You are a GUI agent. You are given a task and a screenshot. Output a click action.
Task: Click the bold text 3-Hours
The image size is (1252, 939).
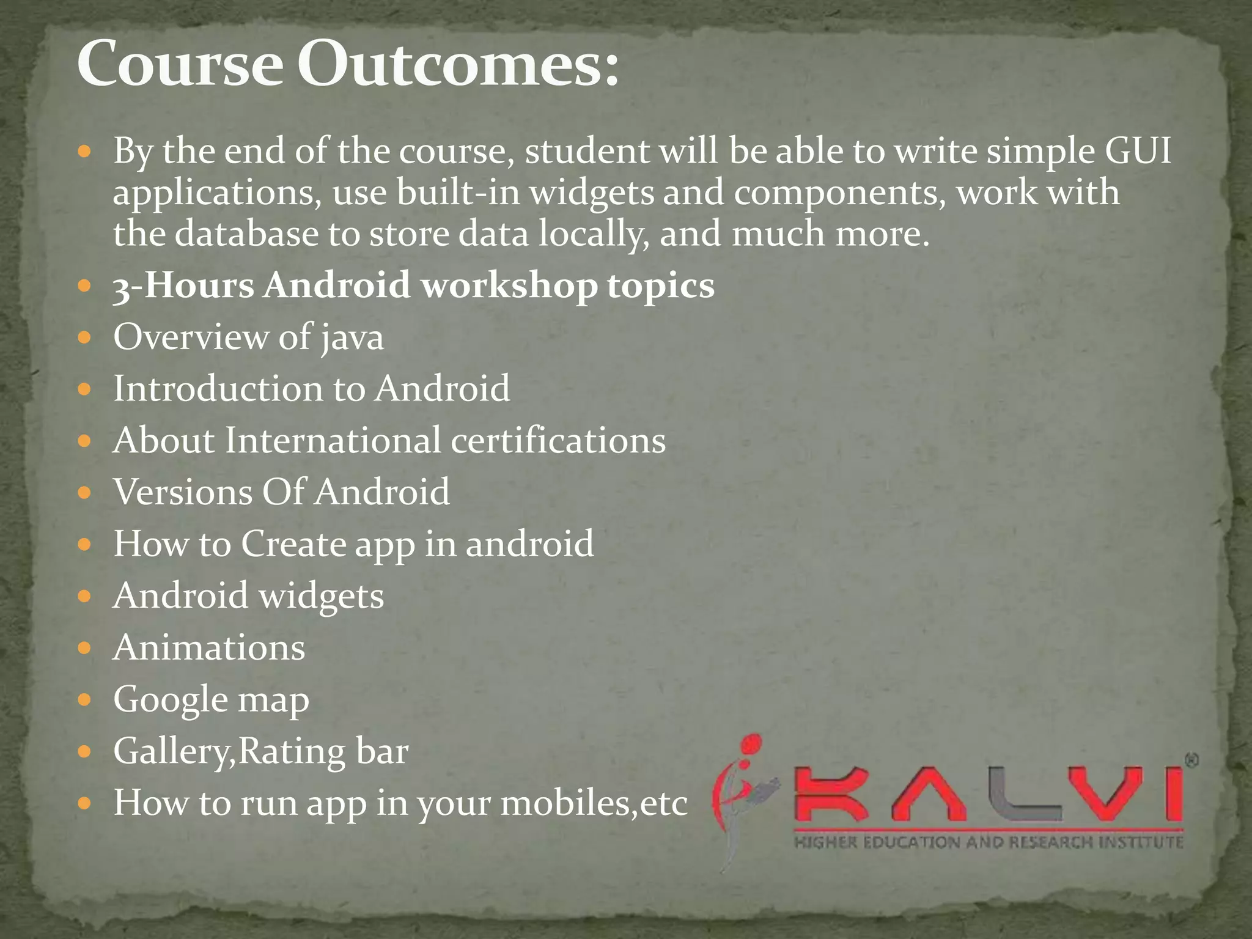click(183, 286)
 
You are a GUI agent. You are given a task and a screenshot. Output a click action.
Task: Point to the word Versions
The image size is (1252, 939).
click(182, 492)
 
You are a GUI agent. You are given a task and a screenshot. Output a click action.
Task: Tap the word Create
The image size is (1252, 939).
click(293, 544)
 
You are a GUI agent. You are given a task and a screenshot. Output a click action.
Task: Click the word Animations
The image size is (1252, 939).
click(209, 648)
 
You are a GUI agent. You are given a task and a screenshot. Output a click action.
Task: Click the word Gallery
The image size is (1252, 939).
click(169, 752)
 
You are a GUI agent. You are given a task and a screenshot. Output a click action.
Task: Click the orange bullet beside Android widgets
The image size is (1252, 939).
click(85, 596)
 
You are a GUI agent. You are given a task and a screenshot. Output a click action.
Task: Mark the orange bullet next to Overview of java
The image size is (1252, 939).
click(85, 337)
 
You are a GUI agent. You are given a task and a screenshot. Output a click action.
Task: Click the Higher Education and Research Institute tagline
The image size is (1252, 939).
click(989, 843)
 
